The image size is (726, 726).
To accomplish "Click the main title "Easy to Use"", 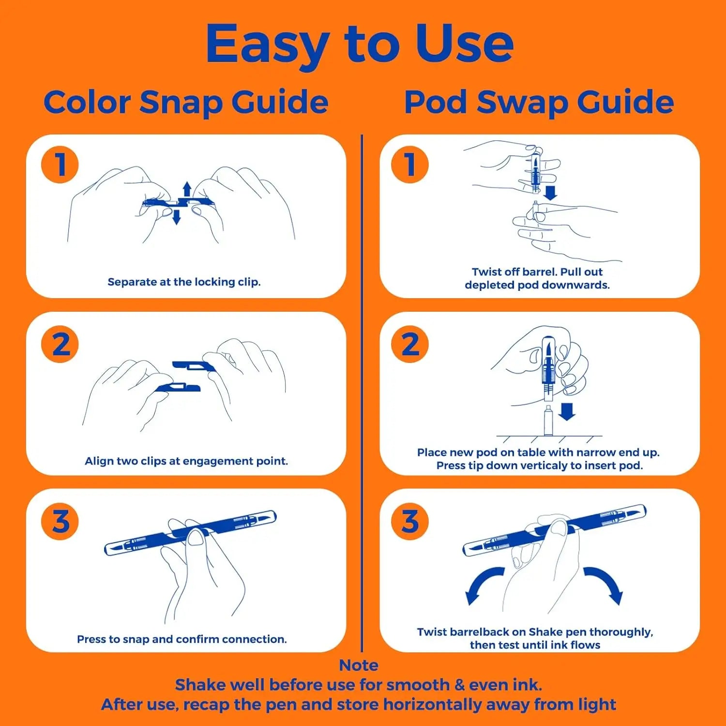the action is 359,45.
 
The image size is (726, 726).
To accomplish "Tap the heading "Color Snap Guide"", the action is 186,102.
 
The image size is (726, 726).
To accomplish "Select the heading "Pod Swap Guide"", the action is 539,102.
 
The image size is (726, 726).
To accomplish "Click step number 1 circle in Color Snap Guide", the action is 60,165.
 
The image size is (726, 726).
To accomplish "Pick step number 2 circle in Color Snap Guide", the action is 60,344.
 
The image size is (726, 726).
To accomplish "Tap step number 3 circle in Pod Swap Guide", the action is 410,521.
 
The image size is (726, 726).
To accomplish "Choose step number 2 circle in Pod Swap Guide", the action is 410,344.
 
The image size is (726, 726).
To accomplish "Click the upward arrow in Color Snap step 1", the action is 187,189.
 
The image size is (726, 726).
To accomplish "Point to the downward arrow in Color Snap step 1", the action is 177,217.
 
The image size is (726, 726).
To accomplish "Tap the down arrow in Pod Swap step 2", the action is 567,412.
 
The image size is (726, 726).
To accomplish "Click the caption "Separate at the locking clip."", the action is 184,282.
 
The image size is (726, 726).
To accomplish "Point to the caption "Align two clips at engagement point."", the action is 186,461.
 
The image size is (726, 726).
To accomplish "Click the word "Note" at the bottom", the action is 359,665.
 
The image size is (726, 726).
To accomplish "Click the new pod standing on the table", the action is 548,421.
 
